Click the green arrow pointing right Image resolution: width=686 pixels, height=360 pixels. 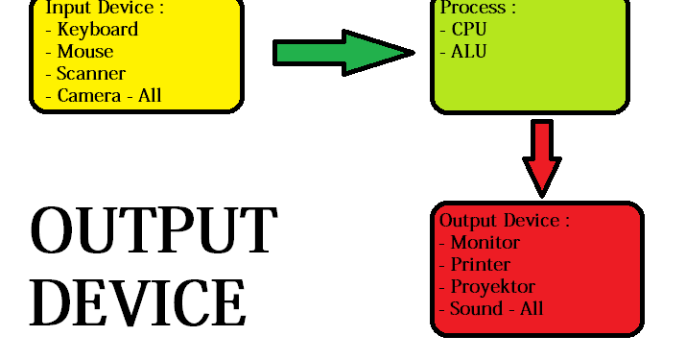click(341, 52)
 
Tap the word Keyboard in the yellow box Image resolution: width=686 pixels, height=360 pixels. click(97, 30)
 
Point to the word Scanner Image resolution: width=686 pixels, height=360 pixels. click(91, 74)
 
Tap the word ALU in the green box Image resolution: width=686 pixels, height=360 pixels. click(468, 52)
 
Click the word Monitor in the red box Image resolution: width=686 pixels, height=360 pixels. click(485, 243)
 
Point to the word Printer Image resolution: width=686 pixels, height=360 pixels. click(480, 265)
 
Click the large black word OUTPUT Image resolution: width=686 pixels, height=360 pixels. click(154, 231)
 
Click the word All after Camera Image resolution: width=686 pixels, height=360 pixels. click(152, 95)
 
